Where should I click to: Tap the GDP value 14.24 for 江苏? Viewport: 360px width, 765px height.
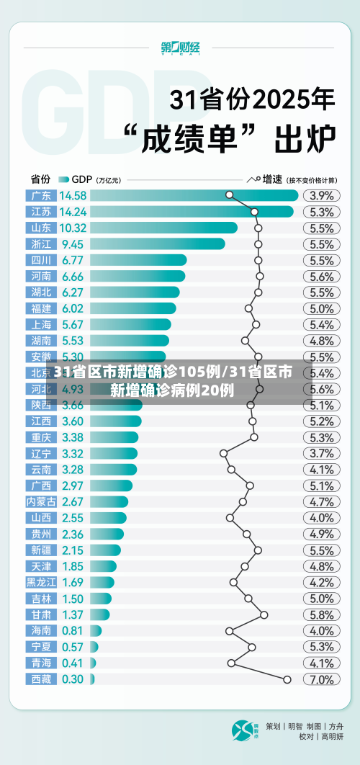point(73,212)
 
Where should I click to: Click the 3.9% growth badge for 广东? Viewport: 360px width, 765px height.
point(321,195)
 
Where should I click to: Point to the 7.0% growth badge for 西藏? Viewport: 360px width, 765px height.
point(321,679)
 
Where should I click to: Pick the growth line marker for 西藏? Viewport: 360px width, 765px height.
point(287,679)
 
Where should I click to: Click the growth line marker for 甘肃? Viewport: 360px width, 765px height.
point(264,614)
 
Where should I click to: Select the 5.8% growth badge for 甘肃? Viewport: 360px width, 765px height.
point(321,614)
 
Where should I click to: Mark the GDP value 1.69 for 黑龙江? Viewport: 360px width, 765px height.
point(73,582)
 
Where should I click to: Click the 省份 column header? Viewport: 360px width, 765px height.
point(40,179)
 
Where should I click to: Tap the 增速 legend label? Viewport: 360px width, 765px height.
point(272,179)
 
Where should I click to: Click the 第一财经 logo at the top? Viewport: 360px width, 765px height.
point(180,48)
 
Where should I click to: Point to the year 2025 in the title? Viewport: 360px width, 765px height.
point(292,99)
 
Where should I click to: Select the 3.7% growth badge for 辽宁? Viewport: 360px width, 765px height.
point(321,453)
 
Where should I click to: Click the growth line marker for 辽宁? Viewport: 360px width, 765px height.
point(223,453)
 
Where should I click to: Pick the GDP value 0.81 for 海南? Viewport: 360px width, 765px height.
point(73,630)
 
